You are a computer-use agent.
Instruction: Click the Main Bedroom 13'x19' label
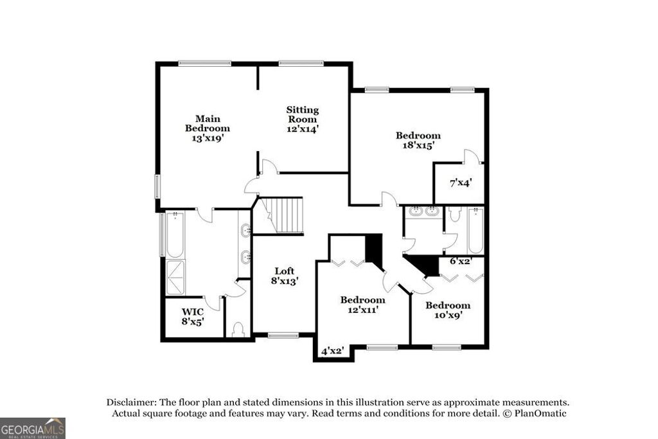[x=208, y=128]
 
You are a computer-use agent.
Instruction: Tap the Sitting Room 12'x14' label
[x=302, y=120]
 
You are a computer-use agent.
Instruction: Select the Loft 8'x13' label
[x=284, y=276]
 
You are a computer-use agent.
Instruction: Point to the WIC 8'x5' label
[x=192, y=316]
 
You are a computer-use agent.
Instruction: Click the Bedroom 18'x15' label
[x=418, y=140]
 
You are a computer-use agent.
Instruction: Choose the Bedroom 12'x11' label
[x=362, y=305]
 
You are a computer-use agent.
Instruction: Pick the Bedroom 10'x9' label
[x=447, y=310]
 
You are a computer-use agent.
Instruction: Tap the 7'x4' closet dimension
[x=460, y=183]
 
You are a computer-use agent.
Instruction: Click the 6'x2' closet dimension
[x=460, y=261]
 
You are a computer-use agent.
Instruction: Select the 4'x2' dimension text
[x=332, y=351]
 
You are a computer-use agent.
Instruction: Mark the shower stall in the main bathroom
[x=175, y=276]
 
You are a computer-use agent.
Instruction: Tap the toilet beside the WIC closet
[x=237, y=329]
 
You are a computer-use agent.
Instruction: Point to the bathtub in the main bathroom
[x=175, y=235]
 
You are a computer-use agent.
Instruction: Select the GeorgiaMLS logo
[x=32, y=428]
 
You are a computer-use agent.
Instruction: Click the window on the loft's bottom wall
[x=283, y=335]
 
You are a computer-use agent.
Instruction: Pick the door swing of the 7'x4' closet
[x=472, y=156]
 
